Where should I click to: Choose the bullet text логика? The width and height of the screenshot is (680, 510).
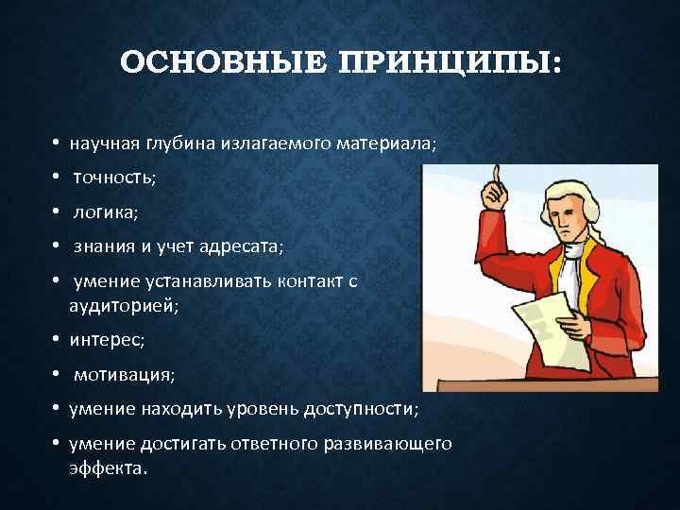pos(105,212)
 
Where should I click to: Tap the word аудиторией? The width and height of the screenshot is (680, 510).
pos(123,305)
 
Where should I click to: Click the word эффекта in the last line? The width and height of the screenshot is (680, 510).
pos(108,467)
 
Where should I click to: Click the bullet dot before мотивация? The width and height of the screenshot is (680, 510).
pos(58,375)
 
